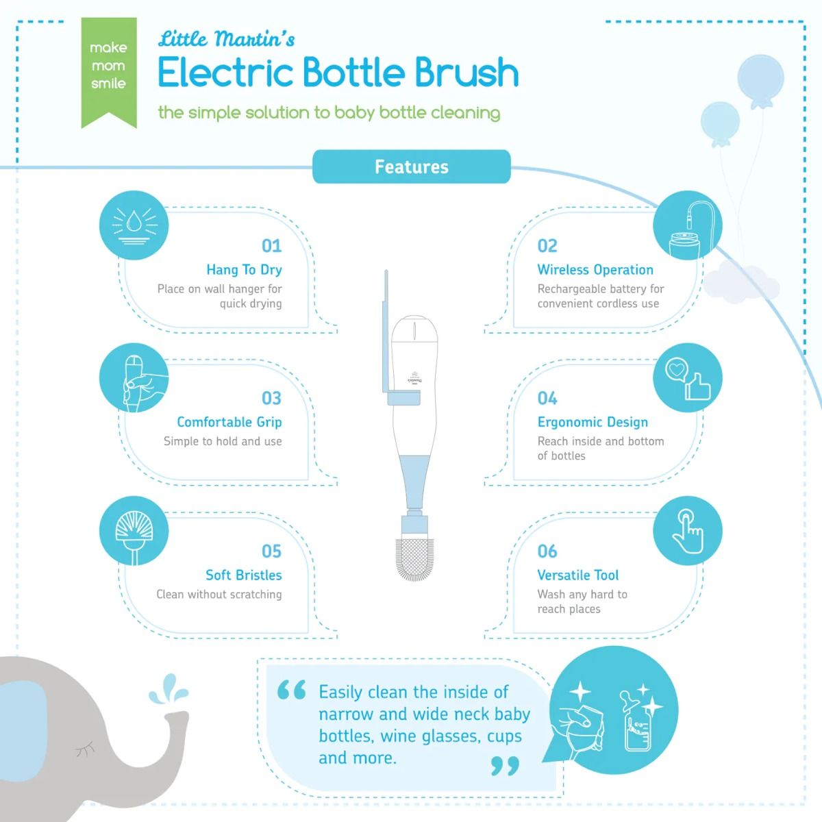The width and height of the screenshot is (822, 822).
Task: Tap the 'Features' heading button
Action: click(x=411, y=166)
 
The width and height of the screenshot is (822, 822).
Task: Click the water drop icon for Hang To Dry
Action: click(x=134, y=225)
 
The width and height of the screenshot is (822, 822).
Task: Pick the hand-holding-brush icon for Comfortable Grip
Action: click(x=134, y=378)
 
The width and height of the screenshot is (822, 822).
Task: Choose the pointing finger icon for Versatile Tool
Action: click(x=687, y=531)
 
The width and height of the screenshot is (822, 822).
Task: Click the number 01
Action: click(x=272, y=246)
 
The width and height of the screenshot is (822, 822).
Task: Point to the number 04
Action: click(x=547, y=399)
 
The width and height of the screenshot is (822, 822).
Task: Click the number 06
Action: click(x=547, y=551)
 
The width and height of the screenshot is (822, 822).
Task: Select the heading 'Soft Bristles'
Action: click(x=244, y=575)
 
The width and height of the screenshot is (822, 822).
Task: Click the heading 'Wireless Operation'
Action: click(x=595, y=270)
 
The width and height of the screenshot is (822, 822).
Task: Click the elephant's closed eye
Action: click(x=86, y=749)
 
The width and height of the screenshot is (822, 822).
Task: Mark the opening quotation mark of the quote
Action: click(x=291, y=690)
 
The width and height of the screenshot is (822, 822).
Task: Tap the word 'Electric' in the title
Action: click(x=226, y=73)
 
